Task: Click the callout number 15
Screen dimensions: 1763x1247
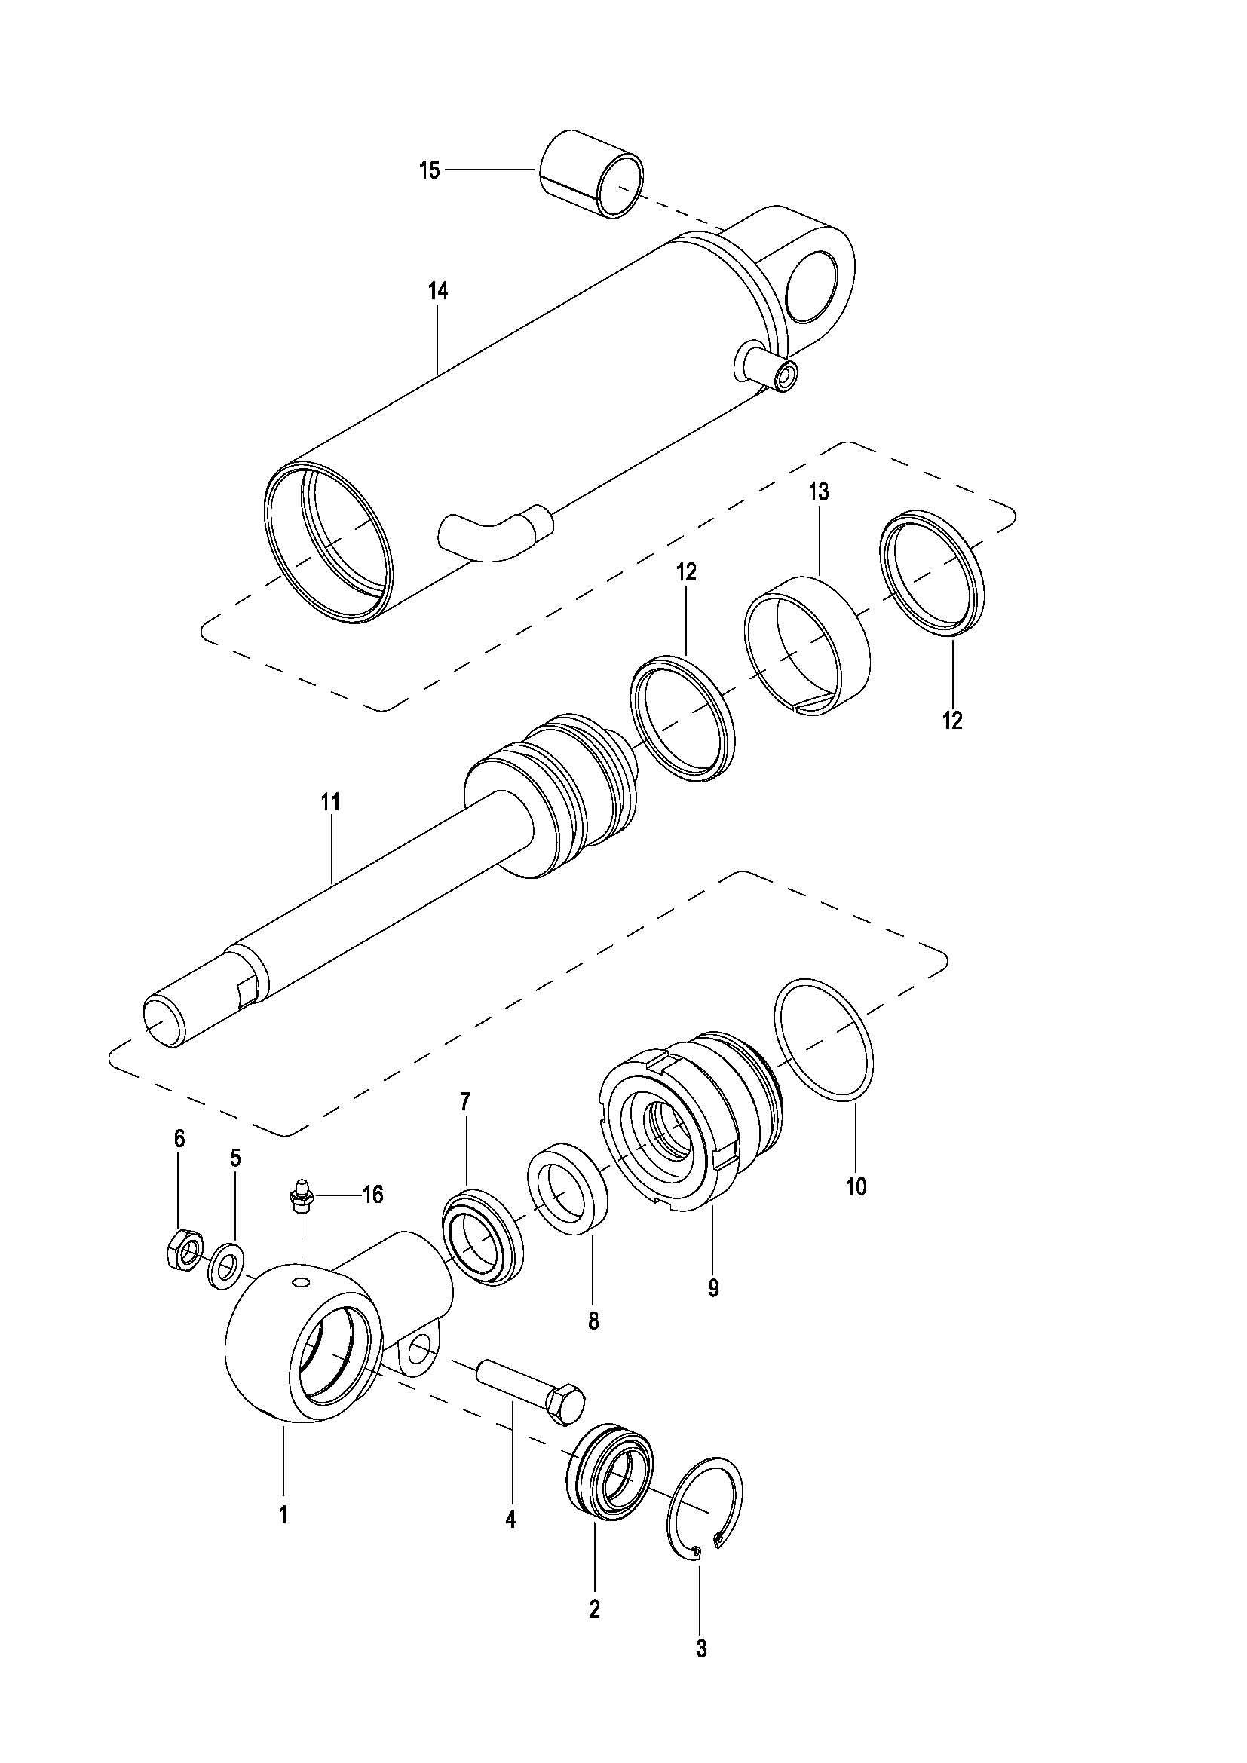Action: (429, 170)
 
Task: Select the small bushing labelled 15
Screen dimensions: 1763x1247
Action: (592, 173)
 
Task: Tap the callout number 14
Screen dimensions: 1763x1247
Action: (439, 292)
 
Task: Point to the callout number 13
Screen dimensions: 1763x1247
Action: (818, 492)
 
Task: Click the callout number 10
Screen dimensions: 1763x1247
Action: (856, 1186)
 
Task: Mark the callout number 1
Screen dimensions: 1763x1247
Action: (283, 1515)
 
